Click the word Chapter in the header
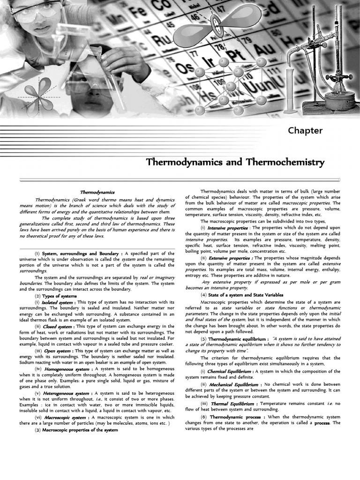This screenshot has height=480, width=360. tap(305, 130)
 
